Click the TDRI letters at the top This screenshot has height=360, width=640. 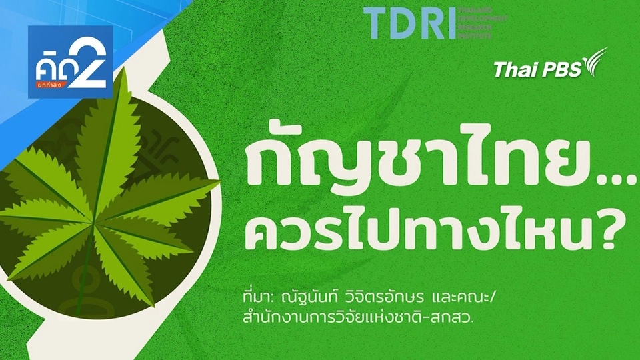pyautogui.click(x=408, y=23)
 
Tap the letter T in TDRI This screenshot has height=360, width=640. pyautogui.click(x=377, y=23)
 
